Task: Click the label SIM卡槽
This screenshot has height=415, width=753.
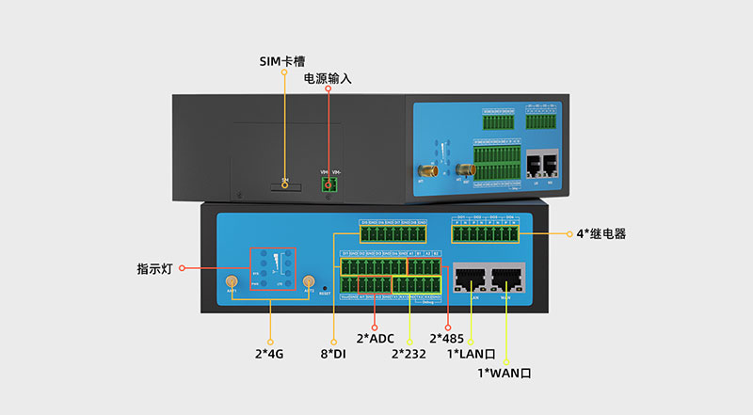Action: (x=284, y=62)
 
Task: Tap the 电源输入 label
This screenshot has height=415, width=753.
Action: (x=328, y=79)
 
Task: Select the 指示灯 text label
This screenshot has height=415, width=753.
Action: (x=157, y=269)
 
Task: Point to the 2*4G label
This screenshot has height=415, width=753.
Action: (x=270, y=354)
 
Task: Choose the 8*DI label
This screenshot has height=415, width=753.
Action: (x=335, y=354)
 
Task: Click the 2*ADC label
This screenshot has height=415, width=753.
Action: (x=376, y=338)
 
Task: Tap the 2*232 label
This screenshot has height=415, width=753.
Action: (x=409, y=354)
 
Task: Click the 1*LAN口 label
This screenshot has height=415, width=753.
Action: (x=471, y=354)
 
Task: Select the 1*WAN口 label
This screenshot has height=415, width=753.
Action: (x=505, y=373)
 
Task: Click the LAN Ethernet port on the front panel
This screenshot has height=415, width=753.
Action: (x=469, y=279)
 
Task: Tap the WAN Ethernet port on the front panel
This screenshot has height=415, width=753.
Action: (x=506, y=279)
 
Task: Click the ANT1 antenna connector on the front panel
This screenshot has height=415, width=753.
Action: (x=231, y=282)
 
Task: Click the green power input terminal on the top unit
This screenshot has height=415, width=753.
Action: (x=328, y=184)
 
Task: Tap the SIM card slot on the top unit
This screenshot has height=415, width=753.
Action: (x=285, y=185)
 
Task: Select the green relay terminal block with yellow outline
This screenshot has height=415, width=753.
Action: (x=484, y=233)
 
